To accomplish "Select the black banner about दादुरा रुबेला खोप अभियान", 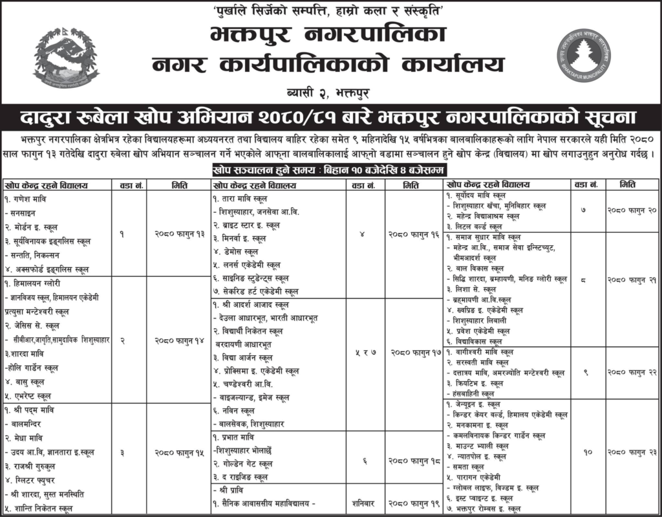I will tap(331, 118).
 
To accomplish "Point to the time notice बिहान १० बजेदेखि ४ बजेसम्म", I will tap(330, 171).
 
